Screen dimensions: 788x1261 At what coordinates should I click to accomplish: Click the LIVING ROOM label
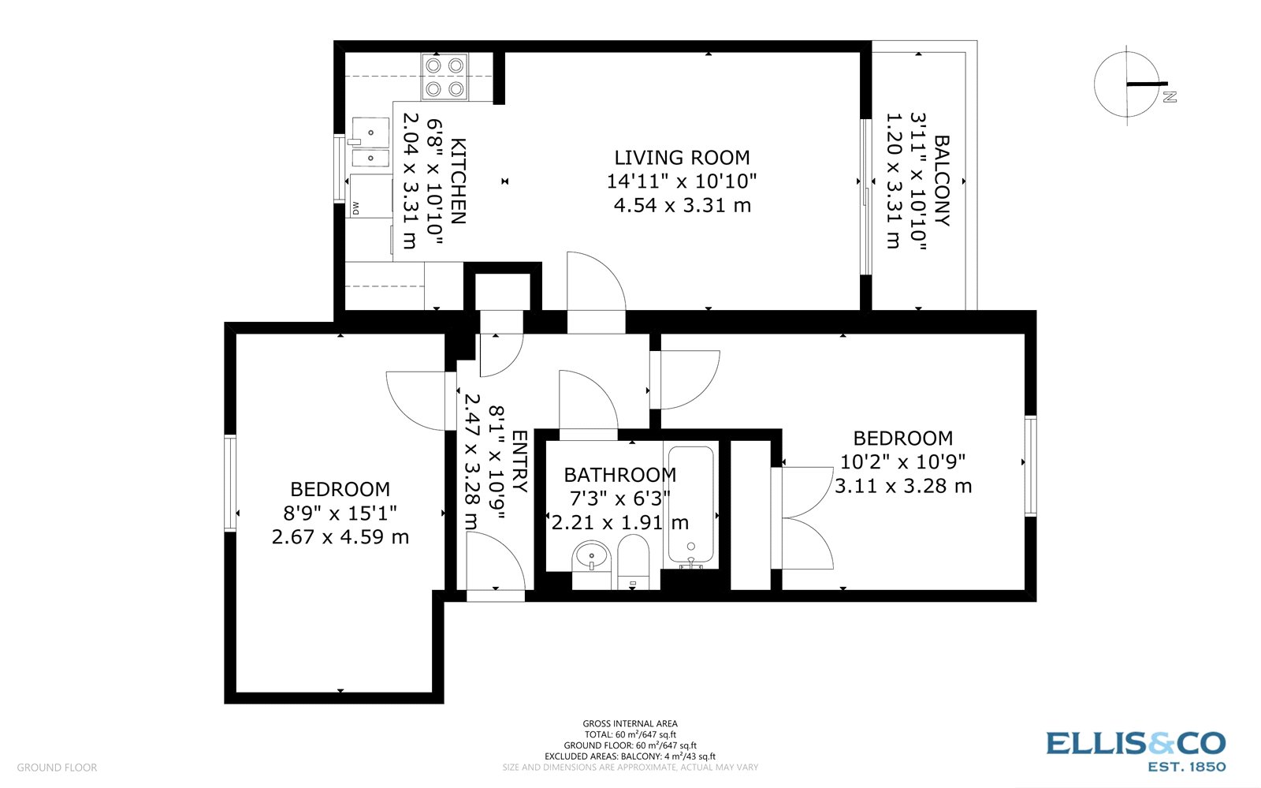(x=682, y=158)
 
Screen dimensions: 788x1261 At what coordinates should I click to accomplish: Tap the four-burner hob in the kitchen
(x=445, y=77)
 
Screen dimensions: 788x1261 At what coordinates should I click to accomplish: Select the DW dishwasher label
(x=355, y=208)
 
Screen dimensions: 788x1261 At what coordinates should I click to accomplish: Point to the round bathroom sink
(x=590, y=556)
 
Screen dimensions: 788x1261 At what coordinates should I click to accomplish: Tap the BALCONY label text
(x=941, y=181)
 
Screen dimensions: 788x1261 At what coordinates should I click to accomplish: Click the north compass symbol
(x=1129, y=83)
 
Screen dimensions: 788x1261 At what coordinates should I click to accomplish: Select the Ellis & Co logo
(x=1136, y=749)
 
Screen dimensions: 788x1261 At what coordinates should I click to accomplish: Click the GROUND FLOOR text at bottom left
(x=57, y=767)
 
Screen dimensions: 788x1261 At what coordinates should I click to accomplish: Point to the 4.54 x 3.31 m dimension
(x=682, y=206)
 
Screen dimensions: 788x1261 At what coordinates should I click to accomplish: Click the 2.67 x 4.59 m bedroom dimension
(x=340, y=537)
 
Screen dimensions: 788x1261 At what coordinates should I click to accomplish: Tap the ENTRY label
(x=520, y=461)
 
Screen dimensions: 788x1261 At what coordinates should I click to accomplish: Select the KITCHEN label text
(x=458, y=181)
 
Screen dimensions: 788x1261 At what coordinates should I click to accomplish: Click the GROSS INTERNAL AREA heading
(x=630, y=723)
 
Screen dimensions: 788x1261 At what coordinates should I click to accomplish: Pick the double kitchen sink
(x=370, y=143)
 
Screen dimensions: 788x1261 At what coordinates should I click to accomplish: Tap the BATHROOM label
(x=619, y=475)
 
